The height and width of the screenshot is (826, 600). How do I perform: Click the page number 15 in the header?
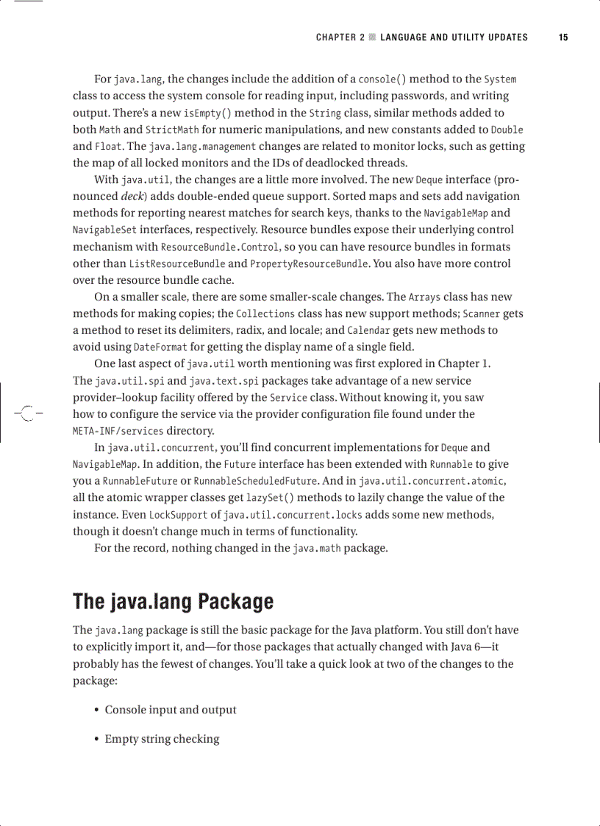tap(562, 38)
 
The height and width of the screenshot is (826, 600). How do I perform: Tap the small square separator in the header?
tap(373, 38)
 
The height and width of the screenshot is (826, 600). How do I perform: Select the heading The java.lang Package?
tap(173, 602)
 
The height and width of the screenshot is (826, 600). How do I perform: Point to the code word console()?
tap(382, 79)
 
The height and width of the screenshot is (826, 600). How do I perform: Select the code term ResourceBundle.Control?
tap(219, 247)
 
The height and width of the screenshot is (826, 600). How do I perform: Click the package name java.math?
tap(316, 548)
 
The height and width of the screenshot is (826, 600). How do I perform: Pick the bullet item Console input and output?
tap(171, 710)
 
